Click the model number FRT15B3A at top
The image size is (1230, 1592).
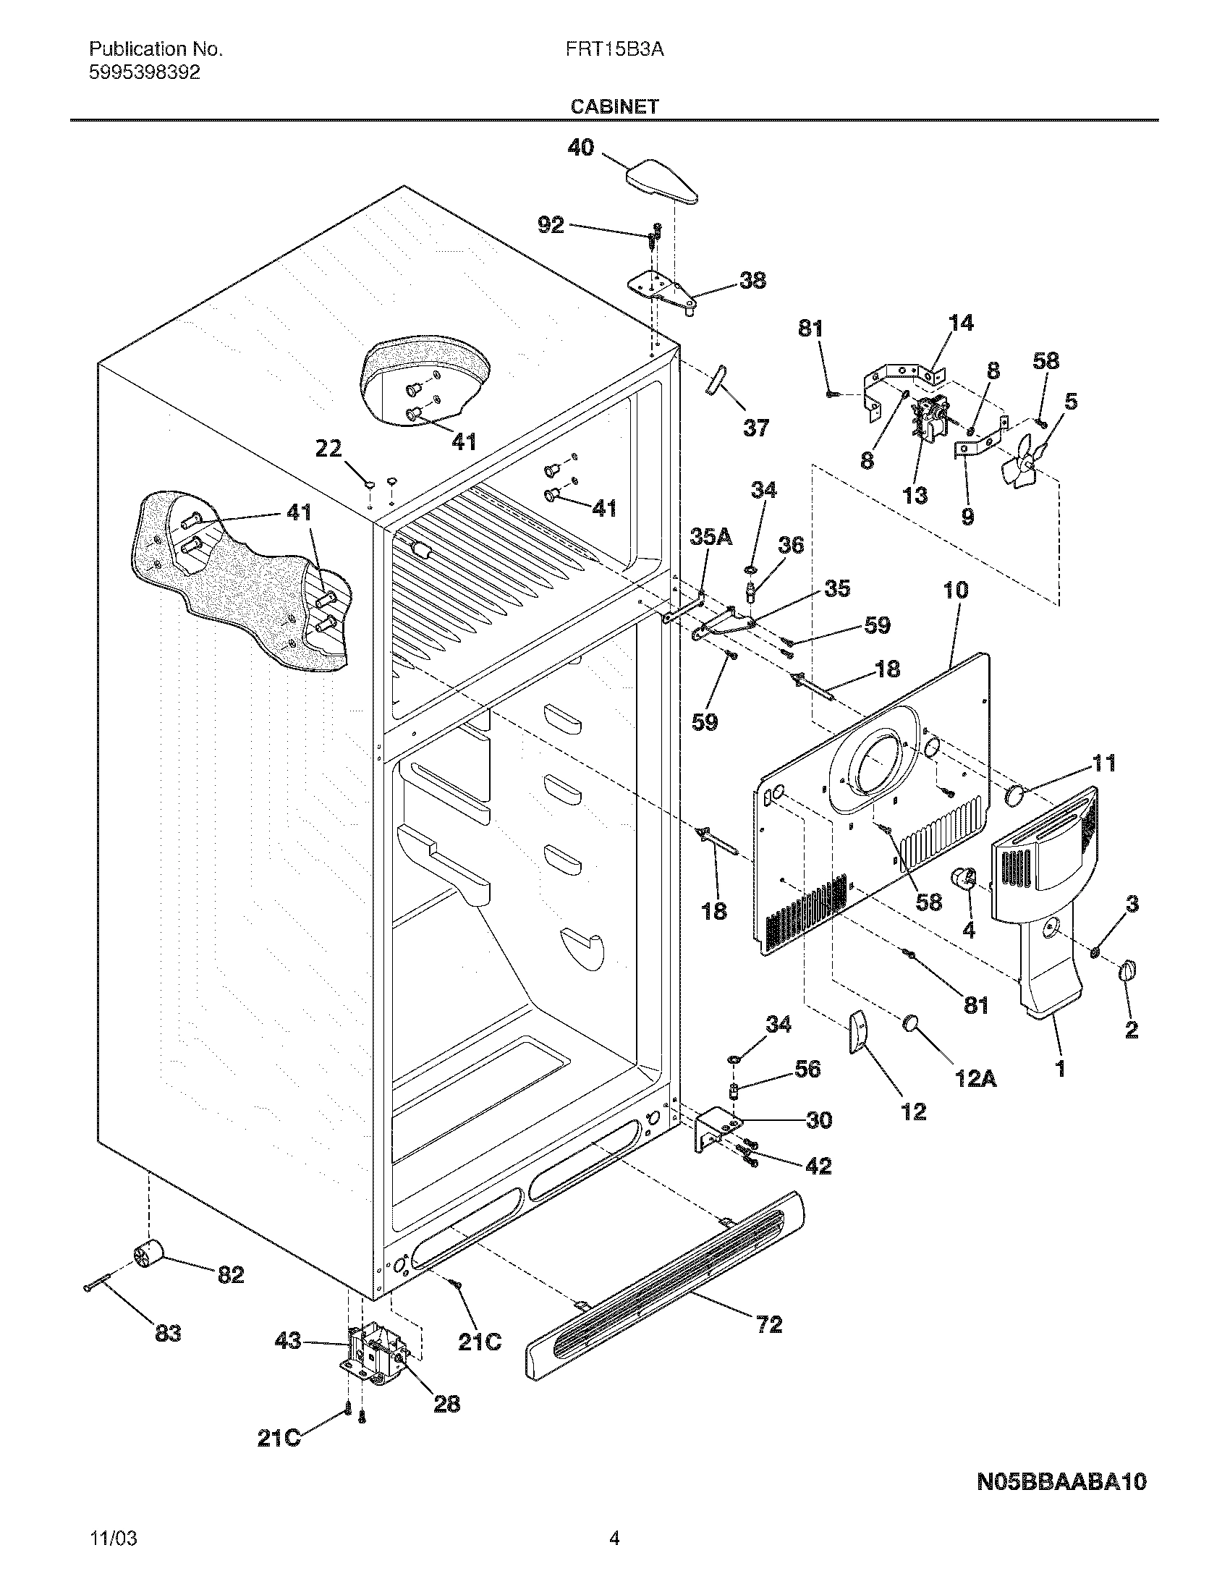pyautogui.click(x=614, y=49)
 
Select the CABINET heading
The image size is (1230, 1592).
pyautogui.click(x=614, y=107)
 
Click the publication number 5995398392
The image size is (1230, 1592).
pyautogui.click(x=144, y=72)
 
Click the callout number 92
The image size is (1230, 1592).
pyautogui.click(x=551, y=225)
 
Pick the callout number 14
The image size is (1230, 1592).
pyautogui.click(x=961, y=323)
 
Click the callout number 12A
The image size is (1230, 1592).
pyautogui.click(x=975, y=1079)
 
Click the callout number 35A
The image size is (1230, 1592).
pyautogui.click(x=711, y=537)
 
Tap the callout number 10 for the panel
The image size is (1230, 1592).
pyautogui.click(x=956, y=590)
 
